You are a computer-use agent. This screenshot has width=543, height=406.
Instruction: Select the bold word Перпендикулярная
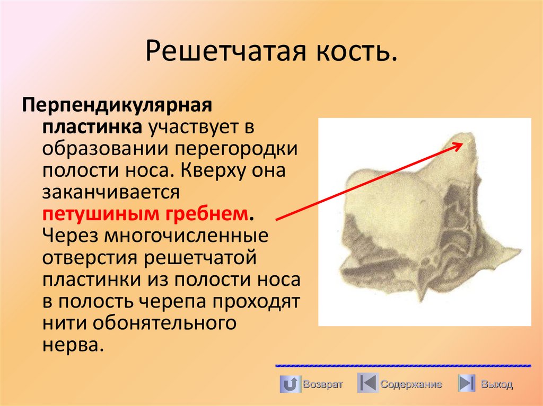pos(117,104)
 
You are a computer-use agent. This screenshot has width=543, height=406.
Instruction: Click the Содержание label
pos(411,385)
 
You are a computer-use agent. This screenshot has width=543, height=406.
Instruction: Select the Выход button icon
pos(466,384)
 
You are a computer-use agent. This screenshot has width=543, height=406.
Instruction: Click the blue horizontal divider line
pos(403,366)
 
